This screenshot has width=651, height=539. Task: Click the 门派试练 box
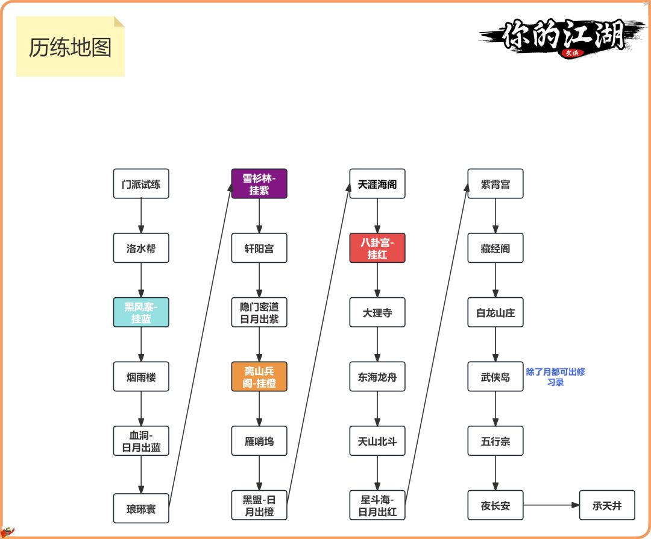click(141, 184)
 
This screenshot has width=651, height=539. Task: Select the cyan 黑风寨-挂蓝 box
click(141, 312)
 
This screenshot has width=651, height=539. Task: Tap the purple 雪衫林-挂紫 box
click(259, 184)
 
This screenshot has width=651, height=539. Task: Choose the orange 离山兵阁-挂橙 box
click(259, 377)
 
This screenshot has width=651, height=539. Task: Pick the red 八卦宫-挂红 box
click(377, 248)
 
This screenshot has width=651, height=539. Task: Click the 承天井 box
click(607, 506)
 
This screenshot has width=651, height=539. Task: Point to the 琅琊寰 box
click(141, 508)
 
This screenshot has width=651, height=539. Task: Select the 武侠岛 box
click(495, 377)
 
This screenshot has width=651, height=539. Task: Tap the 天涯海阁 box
click(377, 184)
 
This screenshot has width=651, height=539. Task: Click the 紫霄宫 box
click(495, 184)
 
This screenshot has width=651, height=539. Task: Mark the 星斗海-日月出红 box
click(377, 506)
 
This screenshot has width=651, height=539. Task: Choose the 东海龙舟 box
click(377, 377)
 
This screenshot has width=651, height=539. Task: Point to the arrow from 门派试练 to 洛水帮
click(141, 216)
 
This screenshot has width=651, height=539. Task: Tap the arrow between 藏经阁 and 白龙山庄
click(495, 280)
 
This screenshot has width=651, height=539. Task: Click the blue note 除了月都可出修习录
click(555, 377)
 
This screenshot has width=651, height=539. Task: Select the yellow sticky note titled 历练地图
click(71, 47)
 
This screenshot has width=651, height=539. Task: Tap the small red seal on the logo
click(570, 52)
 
